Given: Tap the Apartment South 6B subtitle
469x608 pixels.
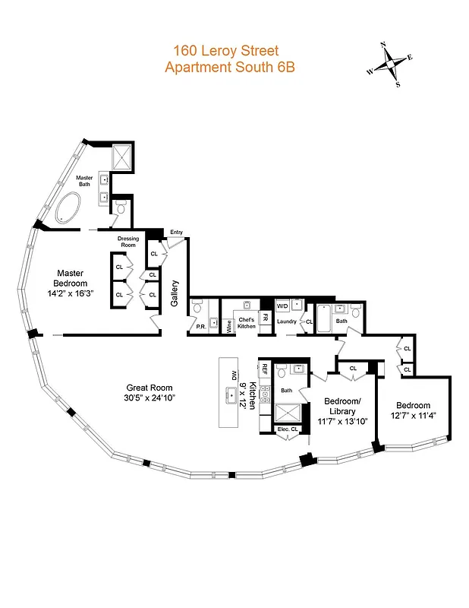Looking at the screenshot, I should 229,67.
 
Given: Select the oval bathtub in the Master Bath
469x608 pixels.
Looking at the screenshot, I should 70,207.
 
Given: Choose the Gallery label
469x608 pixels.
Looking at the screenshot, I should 175,293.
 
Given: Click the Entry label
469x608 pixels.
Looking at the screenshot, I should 176,233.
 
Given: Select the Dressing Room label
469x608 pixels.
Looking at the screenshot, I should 128,242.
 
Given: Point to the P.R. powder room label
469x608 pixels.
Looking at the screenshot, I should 200,328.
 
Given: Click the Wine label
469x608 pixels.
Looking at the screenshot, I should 229,327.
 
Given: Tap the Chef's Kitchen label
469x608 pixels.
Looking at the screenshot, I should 247,323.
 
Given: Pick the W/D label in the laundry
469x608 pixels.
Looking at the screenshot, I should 282,306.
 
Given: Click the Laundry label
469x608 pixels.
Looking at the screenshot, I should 286,322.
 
